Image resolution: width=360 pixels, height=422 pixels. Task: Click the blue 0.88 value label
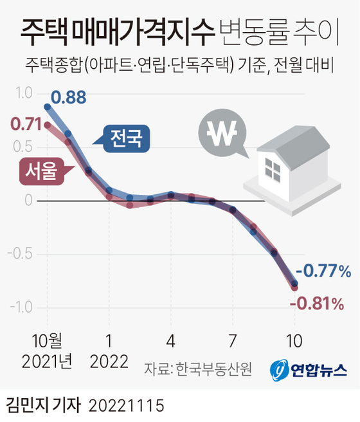click(69, 97)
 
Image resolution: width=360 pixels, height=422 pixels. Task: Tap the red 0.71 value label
click(26, 124)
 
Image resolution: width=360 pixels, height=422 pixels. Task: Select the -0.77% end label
click(323, 271)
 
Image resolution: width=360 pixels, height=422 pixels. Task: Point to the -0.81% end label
click(317, 304)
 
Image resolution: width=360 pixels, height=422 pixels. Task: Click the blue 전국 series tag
click(126, 138)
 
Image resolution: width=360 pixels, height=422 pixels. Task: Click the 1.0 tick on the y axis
click(24, 93)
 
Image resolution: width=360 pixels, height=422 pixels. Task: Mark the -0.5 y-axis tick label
click(20, 254)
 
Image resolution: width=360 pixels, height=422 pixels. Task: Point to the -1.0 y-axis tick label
click(21, 307)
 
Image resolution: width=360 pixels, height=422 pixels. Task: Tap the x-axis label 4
click(171, 341)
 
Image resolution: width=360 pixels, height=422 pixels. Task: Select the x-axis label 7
click(232, 341)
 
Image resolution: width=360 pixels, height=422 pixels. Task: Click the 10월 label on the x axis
click(47, 341)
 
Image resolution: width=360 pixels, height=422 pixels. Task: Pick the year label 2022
click(109, 362)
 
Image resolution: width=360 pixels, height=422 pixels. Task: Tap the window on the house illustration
click(273, 170)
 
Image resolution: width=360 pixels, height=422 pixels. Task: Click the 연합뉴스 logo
click(309, 370)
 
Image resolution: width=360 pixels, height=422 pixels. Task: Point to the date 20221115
click(127, 405)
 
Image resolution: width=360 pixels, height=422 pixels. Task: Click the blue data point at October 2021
click(48, 107)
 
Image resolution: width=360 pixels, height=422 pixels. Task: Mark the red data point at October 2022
click(294, 288)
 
